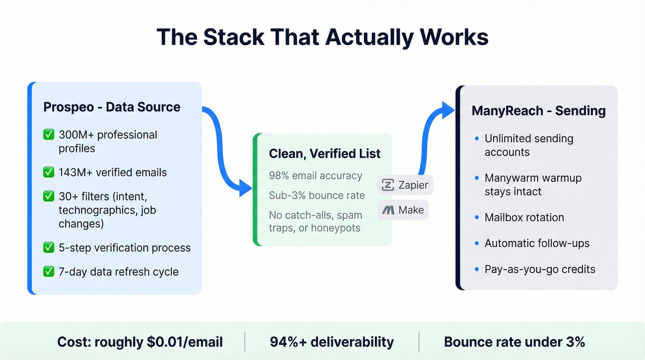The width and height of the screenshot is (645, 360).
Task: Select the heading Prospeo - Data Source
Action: pyautogui.click(x=112, y=107)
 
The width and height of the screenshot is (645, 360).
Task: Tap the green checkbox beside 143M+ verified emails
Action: pyautogui.click(x=48, y=172)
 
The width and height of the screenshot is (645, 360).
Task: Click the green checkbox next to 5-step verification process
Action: pyautogui.click(x=48, y=248)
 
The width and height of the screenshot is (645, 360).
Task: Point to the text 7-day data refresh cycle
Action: pyautogui.click(x=118, y=271)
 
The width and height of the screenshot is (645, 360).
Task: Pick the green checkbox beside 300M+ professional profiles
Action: pyautogui.click(x=48, y=135)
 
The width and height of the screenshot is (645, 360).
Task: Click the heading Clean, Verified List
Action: pyautogui.click(x=325, y=154)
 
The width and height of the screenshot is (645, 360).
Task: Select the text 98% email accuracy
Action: pyautogui.click(x=316, y=176)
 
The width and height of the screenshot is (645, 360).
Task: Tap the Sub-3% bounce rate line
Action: pyautogui.click(x=317, y=195)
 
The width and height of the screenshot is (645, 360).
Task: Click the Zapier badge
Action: pyautogui.click(x=405, y=185)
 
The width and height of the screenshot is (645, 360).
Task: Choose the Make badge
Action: pyautogui.click(x=403, y=210)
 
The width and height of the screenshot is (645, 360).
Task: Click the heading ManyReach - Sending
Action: pyautogui.click(x=539, y=111)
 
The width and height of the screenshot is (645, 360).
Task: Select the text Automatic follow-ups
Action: pyautogui.click(x=537, y=243)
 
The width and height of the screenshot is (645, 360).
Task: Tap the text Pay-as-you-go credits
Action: pyautogui.click(x=540, y=269)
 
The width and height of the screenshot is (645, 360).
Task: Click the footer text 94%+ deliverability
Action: pyautogui.click(x=332, y=342)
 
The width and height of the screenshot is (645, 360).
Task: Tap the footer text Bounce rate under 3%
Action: pyautogui.click(x=515, y=342)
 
